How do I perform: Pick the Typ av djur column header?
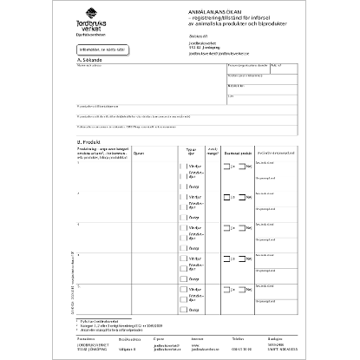pyautogui.click(x=193, y=153)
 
